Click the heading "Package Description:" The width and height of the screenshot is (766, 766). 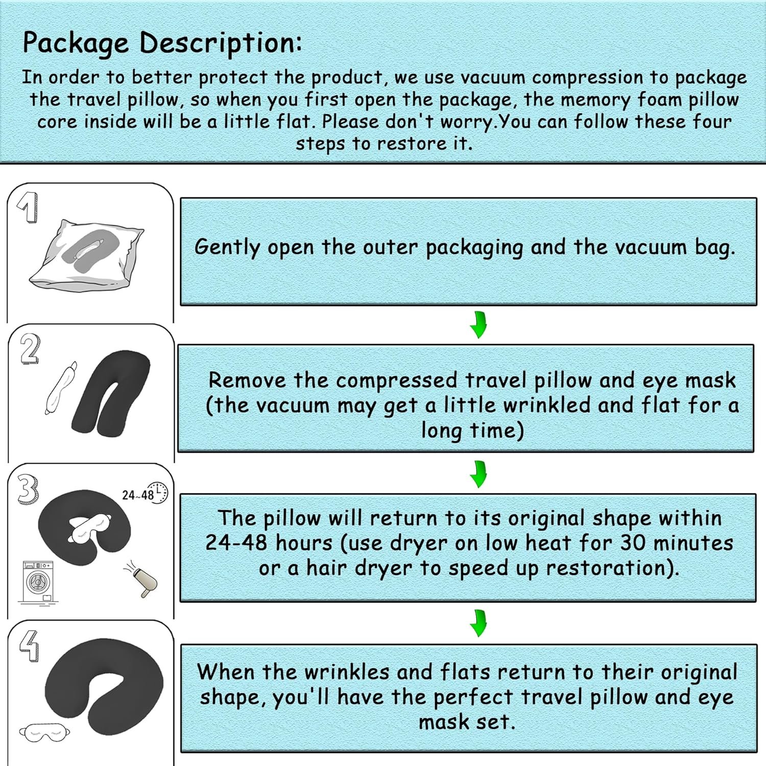click(x=162, y=43)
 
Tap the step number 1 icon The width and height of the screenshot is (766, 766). click(x=28, y=207)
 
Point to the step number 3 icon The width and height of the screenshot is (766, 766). click(x=28, y=489)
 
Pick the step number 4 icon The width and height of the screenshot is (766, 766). click(x=29, y=646)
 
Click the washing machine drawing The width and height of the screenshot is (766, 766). click(x=37, y=582)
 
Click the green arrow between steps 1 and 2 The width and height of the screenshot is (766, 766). click(x=478, y=325)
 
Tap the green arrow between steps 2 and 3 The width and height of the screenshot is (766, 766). click(x=478, y=473)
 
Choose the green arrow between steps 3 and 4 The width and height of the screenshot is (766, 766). click(x=478, y=623)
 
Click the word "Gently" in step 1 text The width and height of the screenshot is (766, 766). click(x=227, y=248)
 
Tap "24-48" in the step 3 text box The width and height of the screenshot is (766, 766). click(x=236, y=542)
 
